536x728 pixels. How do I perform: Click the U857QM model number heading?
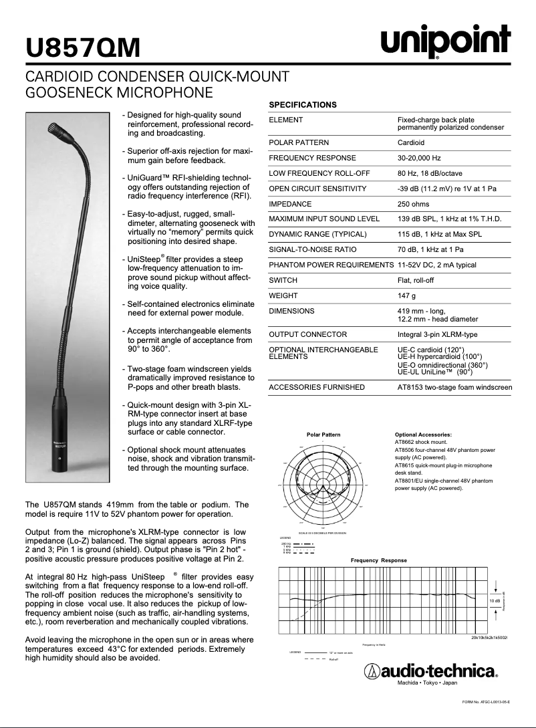coord(83,48)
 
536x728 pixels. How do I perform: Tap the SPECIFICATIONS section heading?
coord(302,105)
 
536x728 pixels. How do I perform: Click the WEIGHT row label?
coord(283,295)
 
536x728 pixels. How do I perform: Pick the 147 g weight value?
coord(406,295)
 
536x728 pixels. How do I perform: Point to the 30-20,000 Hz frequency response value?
coord(419,158)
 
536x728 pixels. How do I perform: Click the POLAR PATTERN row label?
coord(299,142)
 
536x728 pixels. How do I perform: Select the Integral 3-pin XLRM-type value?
coord(437,334)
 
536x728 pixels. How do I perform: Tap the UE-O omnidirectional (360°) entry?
coord(442,365)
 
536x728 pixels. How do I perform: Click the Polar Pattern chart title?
coord(323,435)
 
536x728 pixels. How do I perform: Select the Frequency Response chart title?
coord(378,560)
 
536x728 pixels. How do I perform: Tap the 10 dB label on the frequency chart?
coord(495,602)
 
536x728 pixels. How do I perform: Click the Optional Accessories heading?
coord(423,435)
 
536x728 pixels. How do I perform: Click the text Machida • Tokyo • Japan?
coord(427,683)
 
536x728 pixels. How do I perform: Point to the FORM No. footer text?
coord(486,702)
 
